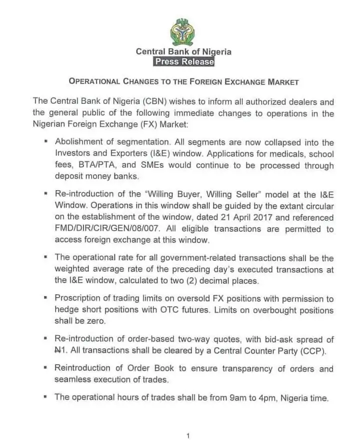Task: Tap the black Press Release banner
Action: coord(183,62)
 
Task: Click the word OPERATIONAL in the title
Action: coord(94,81)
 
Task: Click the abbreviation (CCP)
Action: coord(312,351)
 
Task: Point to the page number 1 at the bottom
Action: coord(187,436)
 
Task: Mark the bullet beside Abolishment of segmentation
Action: coord(46,143)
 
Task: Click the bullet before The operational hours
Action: coord(46,398)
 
